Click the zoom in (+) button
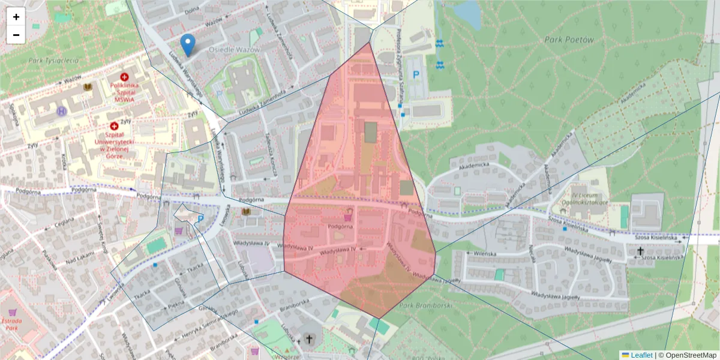tap(16, 17)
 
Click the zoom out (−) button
tap(16, 35)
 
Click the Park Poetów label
tap(569, 40)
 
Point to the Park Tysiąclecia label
tap(53, 61)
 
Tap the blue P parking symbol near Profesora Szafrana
tap(415, 74)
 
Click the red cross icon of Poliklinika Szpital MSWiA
tap(124, 77)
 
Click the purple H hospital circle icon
tap(61, 111)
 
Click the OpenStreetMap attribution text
tap(689, 355)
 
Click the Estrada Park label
tap(12, 325)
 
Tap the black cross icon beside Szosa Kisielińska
tap(640, 251)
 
